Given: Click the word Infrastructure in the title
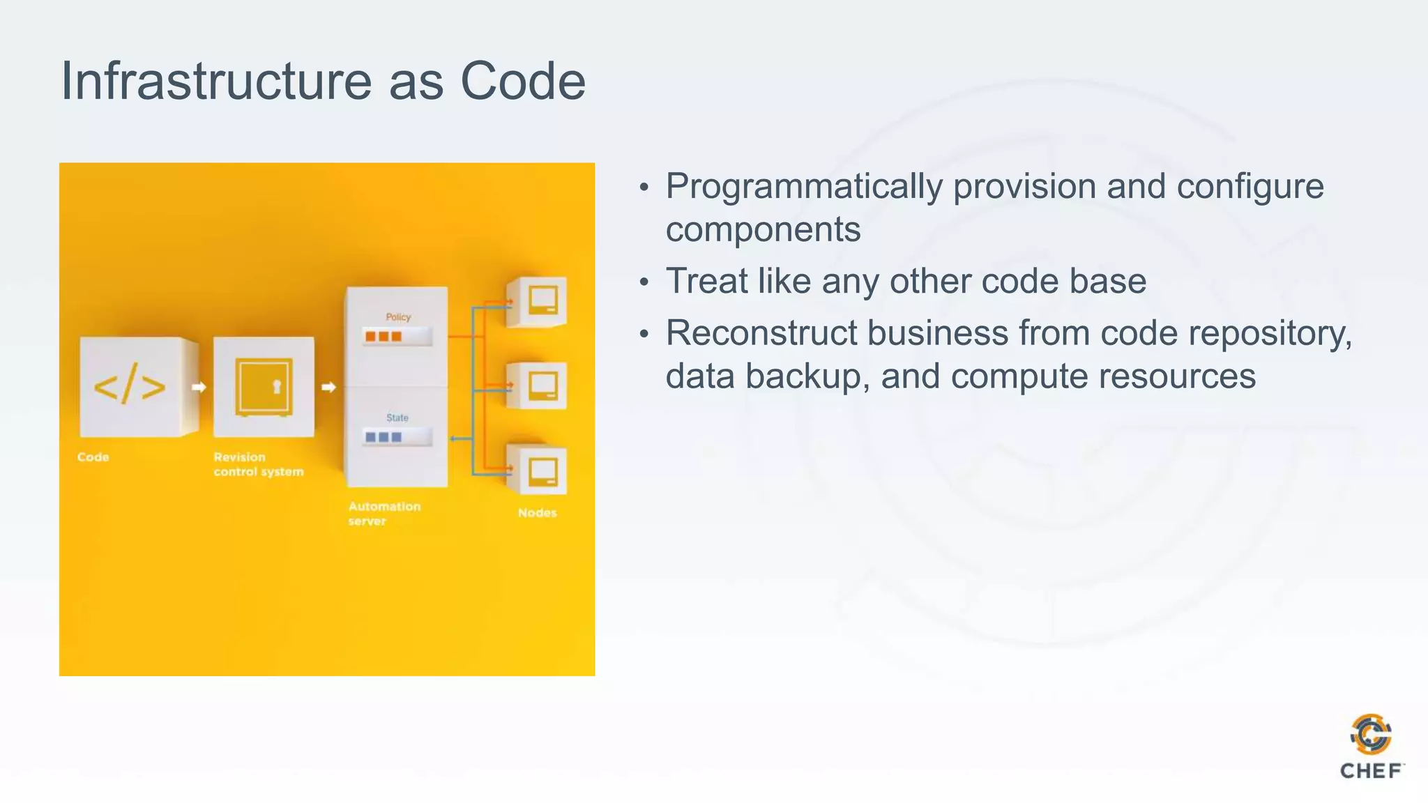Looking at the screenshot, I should pos(216,81).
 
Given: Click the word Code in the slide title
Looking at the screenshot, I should pos(522,81).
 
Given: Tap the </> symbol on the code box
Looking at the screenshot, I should pos(130,385).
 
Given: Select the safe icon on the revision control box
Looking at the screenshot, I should pos(264,387).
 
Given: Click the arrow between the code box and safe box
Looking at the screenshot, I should pos(199,387).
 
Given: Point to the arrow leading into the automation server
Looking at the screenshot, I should pos(329,387).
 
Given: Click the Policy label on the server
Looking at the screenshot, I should pos(398,317).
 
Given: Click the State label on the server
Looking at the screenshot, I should pos(397,418).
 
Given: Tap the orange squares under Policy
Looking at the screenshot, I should pos(383,337).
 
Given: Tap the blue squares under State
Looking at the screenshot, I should pos(383,437).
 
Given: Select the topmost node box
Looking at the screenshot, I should pos(538,301).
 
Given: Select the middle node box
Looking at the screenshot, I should pos(538,385).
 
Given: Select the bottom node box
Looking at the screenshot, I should pos(538,471).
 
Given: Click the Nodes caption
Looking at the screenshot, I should pos(537,513).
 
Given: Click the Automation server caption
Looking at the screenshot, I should pos(383,514).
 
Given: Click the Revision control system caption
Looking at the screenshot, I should pos(258,464).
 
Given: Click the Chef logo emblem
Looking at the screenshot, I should pos(1370,734).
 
